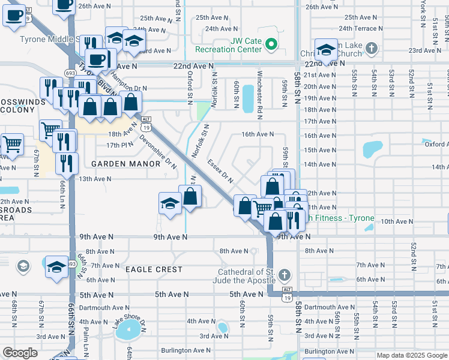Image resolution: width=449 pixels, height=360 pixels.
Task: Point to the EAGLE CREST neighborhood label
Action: [154, 269]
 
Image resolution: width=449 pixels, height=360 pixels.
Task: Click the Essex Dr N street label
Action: [221, 171]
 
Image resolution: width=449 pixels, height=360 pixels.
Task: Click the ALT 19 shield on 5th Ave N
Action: [287, 298]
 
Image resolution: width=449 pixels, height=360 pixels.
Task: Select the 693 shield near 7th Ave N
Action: [71, 263]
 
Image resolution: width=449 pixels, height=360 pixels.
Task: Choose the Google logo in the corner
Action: [20, 353]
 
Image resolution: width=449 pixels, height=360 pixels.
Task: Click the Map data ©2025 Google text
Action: [411, 355]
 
